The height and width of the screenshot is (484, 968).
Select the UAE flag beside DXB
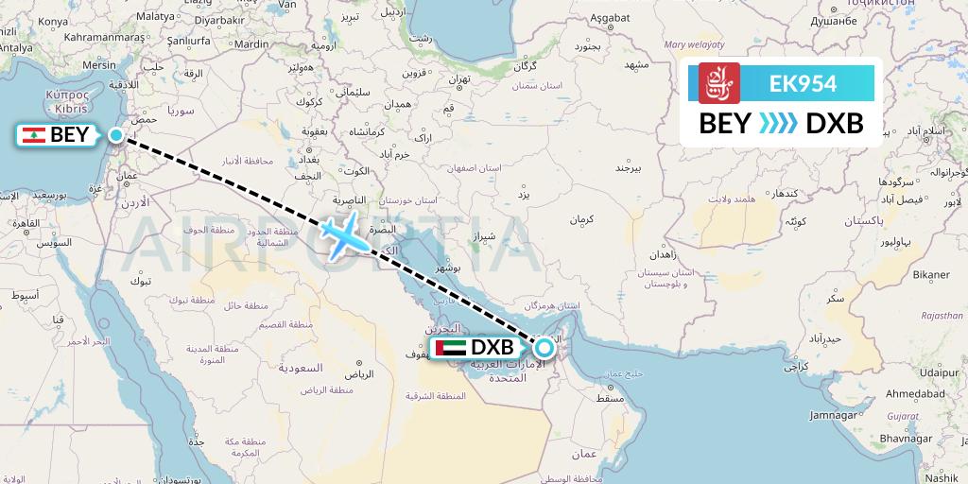(x=449, y=348)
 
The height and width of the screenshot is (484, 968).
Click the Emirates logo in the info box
(x=719, y=83)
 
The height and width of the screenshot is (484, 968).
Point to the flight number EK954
(x=803, y=83)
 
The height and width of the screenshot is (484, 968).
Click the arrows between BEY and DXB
(x=779, y=124)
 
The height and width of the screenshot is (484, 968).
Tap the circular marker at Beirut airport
(x=116, y=135)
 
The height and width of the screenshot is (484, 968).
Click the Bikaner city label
(x=929, y=274)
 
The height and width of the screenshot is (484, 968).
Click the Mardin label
(x=251, y=43)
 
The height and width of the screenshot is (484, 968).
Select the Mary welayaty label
(x=693, y=43)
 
